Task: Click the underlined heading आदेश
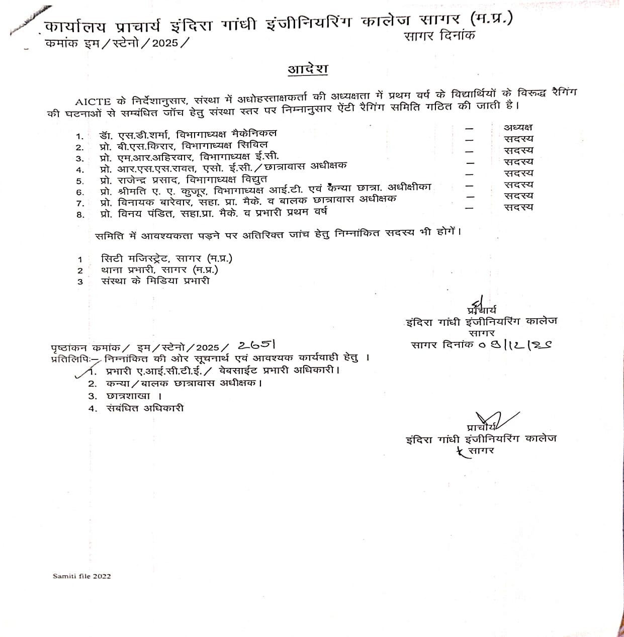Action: [x=308, y=69]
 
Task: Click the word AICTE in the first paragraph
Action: [x=93, y=101]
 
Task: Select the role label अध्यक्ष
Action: [x=518, y=128]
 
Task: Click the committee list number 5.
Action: [x=79, y=181]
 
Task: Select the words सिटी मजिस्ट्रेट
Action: [x=133, y=259]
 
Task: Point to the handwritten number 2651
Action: [x=256, y=345]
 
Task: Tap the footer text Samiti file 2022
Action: [x=81, y=576]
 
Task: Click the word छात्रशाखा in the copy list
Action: [x=128, y=396]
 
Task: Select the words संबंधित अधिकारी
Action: [x=145, y=408]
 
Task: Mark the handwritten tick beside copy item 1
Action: [x=83, y=372]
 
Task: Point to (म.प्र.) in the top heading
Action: [x=491, y=19]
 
